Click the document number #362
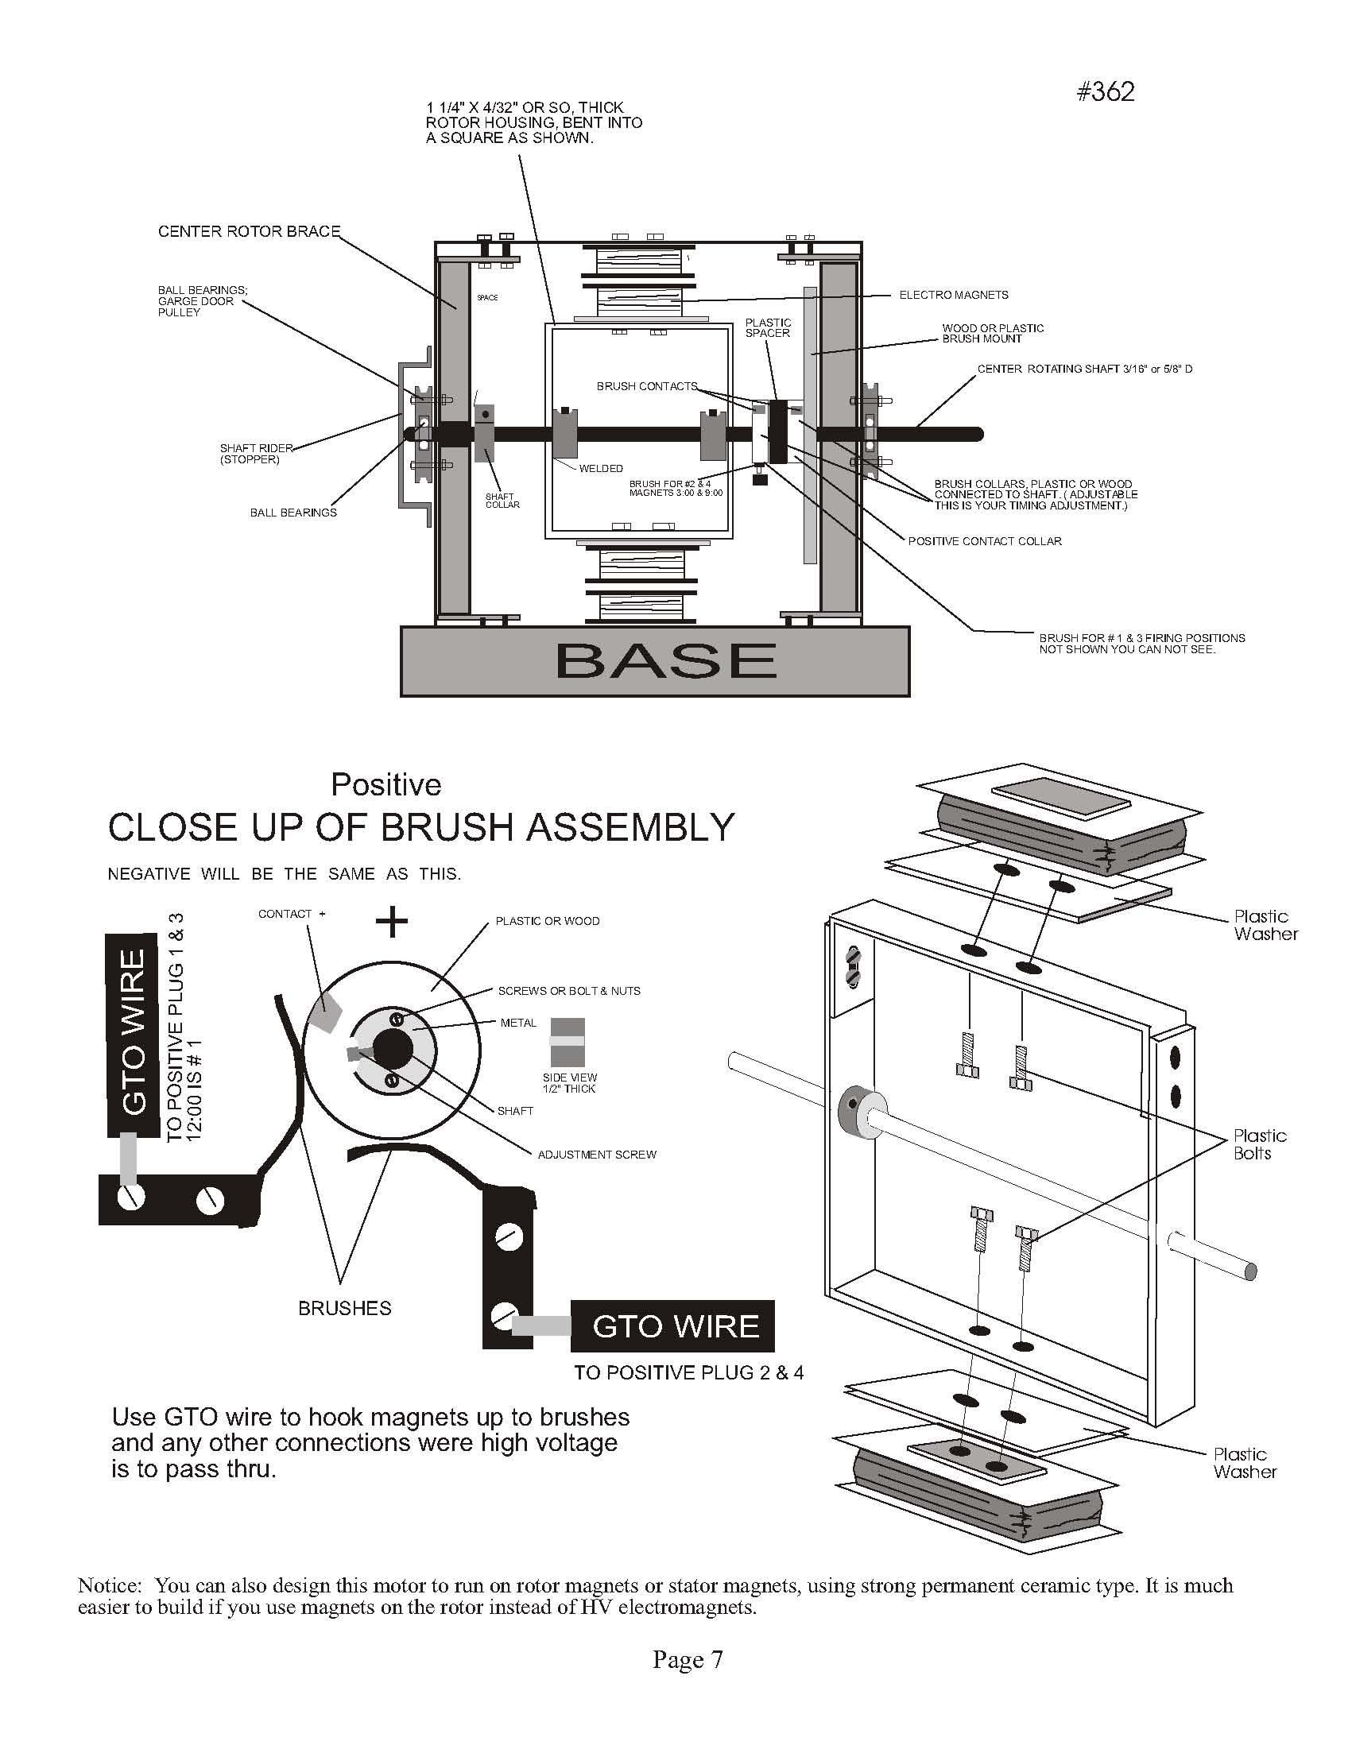point(1106,92)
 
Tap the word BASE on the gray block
point(664,660)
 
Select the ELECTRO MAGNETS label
point(953,295)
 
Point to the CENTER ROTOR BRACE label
point(249,231)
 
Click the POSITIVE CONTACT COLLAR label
point(984,541)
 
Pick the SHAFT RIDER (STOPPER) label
point(256,453)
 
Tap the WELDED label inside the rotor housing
point(601,469)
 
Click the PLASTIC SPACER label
point(768,327)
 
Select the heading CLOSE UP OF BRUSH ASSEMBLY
point(421,827)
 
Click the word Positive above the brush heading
point(386,785)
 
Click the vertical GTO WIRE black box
point(132,1034)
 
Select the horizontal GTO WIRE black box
point(673,1326)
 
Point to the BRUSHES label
point(344,1308)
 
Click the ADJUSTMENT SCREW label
point(597,1154)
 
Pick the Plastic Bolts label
point(1259,1143)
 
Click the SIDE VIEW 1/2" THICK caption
point(569,1083)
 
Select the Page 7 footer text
point(688,1660)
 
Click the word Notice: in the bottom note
point(110,1585)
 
